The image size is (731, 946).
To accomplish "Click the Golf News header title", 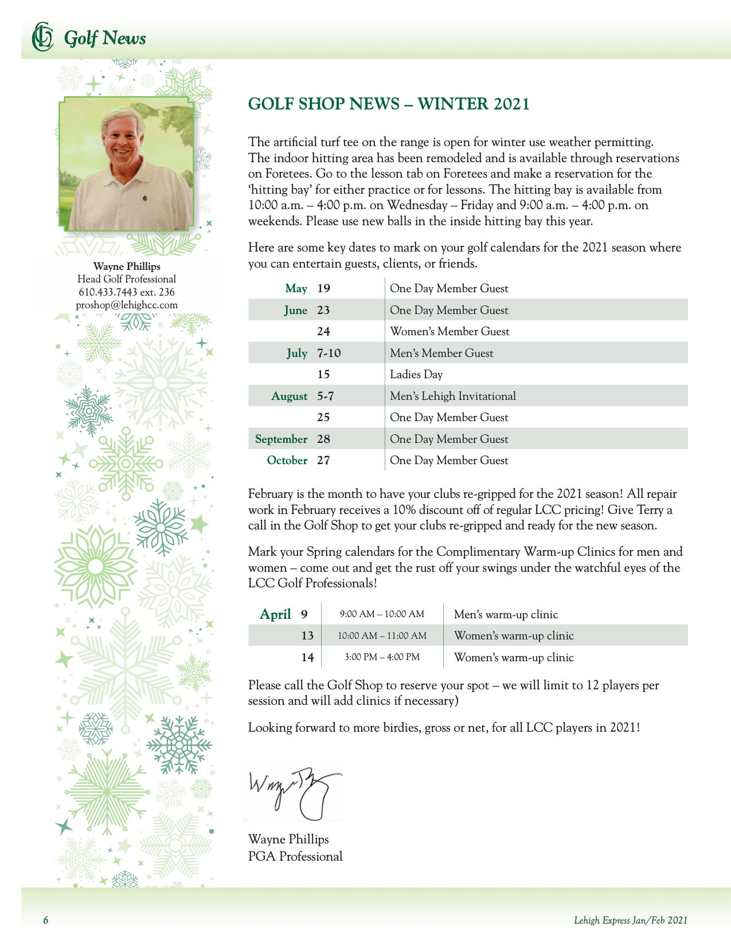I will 105,38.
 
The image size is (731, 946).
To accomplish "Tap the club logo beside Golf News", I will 42,37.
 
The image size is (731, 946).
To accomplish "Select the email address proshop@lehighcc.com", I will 127,305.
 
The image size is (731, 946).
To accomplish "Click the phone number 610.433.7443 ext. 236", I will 127,292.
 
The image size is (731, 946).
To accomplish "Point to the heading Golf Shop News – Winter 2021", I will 389,104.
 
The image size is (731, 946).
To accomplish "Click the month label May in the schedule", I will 296,288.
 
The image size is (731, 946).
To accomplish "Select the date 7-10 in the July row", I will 329,353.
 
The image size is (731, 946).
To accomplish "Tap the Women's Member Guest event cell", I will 449,331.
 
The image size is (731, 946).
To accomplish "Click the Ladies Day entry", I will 416,374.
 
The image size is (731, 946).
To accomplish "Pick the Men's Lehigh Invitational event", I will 453,396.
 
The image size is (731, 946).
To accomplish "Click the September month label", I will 281,439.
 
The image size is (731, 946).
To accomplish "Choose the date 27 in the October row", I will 323,460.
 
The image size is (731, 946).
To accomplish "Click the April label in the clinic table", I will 275,614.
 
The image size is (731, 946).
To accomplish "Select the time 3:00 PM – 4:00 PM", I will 382,657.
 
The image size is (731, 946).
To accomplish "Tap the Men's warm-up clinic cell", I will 506,614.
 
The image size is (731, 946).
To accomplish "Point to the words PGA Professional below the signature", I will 295,856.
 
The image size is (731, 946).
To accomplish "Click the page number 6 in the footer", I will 46,920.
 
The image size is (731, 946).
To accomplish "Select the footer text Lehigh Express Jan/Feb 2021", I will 630,920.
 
